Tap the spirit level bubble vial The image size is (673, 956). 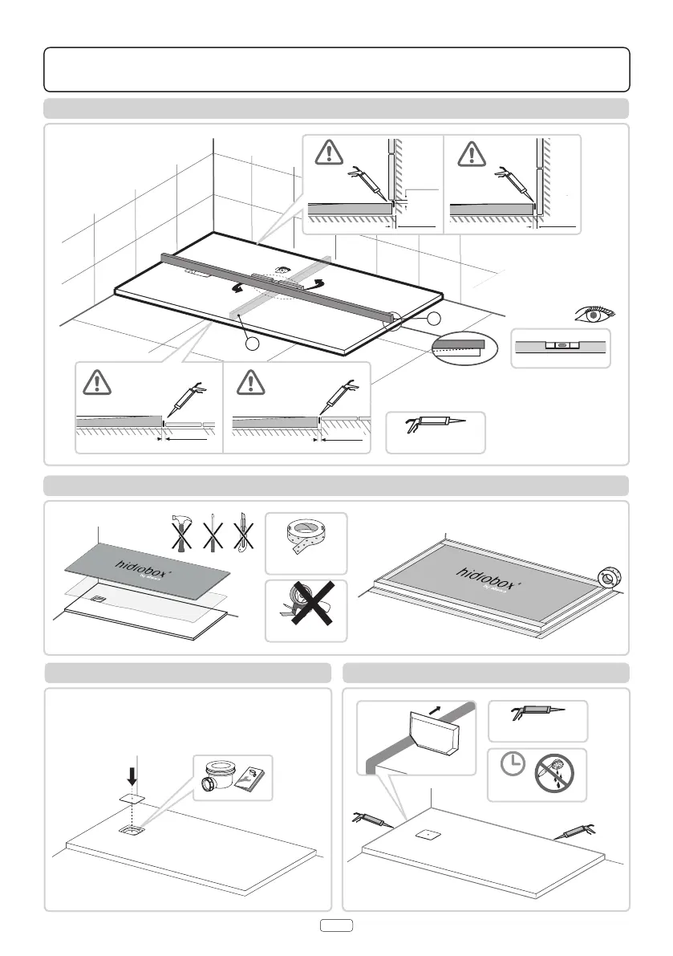pos(562,347)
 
